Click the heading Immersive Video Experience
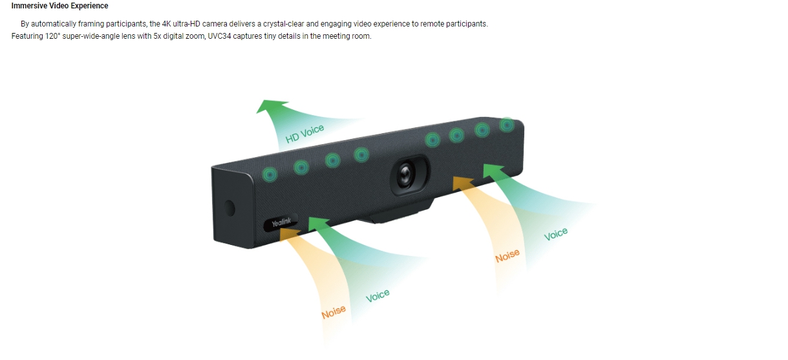click(60, 6)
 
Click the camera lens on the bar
click(405, 175)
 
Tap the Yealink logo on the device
click(281, 222)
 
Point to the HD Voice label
click(304, 134)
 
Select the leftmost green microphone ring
click(270, 175)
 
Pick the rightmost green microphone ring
click(507, 125)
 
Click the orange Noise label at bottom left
click(334, 312)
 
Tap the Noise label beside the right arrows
click(507, 255)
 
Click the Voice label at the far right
click(556, 234)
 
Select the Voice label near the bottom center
click(378, 295)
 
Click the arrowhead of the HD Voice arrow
click(270, 106)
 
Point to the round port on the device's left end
click(229, 208)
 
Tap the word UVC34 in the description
click(220, 36)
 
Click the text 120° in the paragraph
click(53, 36)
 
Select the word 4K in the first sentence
click(166, 24)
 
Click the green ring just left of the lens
click(361, 154)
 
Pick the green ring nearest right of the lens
click(432, 140)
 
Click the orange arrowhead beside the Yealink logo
click(289, 234)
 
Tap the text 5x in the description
click(157, 36)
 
